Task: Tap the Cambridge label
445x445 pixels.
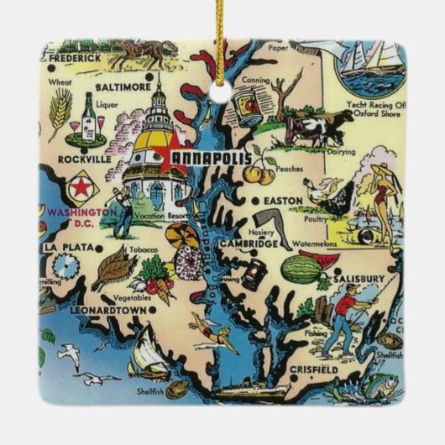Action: tap(251, 243)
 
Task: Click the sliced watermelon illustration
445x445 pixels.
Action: tap(300, 268)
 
